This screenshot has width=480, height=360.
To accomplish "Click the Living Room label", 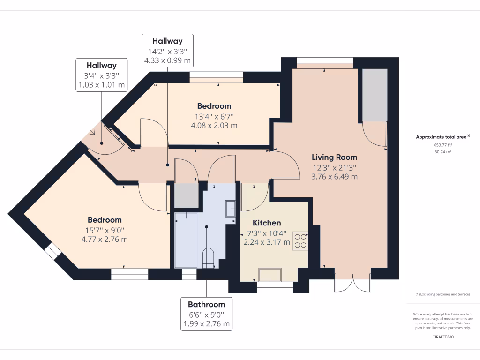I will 334,157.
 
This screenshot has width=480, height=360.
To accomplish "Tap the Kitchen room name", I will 267,223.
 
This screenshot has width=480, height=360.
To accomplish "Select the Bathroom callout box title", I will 206,304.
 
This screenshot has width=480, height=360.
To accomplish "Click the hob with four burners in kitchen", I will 300,240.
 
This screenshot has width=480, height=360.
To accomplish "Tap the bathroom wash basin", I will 231,209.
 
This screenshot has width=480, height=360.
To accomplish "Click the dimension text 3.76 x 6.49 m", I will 334,177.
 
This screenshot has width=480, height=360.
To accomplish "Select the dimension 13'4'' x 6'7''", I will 214,116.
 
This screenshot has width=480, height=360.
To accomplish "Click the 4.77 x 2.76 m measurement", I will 105,239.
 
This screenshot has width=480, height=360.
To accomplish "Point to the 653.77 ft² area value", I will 443,145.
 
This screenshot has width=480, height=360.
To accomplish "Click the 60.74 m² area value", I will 443,152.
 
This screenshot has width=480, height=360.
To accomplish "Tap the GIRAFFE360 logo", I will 443,337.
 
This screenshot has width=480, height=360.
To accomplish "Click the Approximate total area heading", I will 442,137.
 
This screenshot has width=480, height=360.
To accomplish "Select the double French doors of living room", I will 352,282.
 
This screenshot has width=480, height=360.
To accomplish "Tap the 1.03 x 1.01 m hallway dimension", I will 101,85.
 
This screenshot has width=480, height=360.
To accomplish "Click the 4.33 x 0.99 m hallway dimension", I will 167,60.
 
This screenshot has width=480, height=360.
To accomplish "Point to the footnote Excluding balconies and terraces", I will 443,294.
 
